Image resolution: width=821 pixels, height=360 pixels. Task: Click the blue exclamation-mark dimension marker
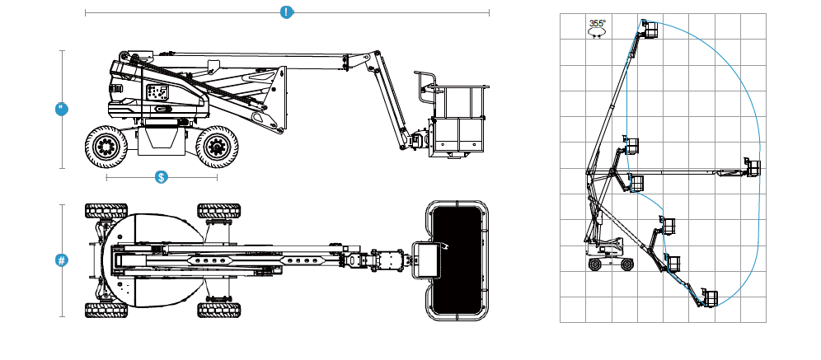pyautogui.click(x=286, y=12)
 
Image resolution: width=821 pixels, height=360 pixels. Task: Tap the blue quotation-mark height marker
pyautogui.click(x=61, y=109)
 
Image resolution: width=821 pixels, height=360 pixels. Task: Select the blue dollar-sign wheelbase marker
pyautogui.click(x=162, y=176)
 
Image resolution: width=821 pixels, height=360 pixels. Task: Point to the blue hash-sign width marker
pyautogui.click(x=61, y=260)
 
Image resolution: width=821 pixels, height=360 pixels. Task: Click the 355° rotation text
pyautogui.click(x=597, y=24)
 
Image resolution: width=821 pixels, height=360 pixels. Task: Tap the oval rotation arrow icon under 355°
pyautogui.click(x=597, y=33)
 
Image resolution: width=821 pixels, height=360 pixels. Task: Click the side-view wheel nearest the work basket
pyautogui.click(x=216, y=147)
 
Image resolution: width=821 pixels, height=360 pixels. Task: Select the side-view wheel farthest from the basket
pyautogui.click(x=105, y=147)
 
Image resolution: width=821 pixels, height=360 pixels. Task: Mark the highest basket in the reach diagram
pyautogui.click(x=650, y=30)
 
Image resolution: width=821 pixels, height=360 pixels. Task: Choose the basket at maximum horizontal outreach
pyautogui.click(x=752, y=167)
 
